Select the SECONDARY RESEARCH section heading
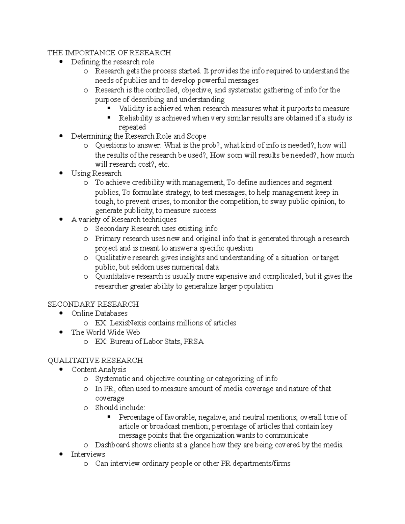tap(93, 304)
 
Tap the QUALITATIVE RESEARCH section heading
tap(95, 360)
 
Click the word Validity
tap(132, 109)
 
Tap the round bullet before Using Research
tap(61, 173)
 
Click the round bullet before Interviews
tap(61, 454)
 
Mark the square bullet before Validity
tap(109, 108)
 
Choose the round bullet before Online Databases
tap(61, 313)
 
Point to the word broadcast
tap(166, 426)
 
